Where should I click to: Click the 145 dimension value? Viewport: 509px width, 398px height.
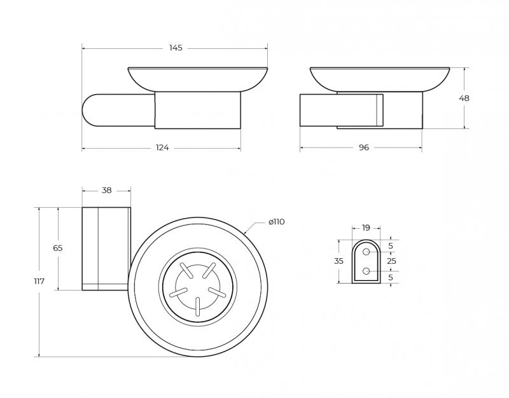click(176, 48)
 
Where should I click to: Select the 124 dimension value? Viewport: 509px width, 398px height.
click(162, 148)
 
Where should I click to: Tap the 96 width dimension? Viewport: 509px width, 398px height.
click(364, 148)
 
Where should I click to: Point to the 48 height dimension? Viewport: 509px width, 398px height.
click(464, 99)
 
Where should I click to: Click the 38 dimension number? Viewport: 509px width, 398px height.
click(106, 190)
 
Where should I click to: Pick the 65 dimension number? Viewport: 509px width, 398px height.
click(58, 248)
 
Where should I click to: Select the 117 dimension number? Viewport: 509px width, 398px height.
click(39, 281)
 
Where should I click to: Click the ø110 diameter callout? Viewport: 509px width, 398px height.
click(277, 222)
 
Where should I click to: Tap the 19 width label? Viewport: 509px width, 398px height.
click(366, 228)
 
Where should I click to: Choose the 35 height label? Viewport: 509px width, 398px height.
click(338, 261)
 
